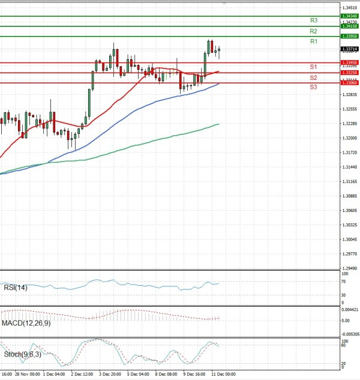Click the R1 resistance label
coord(314,41)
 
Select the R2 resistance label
coord(314,31)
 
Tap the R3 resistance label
coord(314,20)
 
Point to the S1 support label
coord(314,67)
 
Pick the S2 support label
coord(314,78)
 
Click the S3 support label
coord(314,88)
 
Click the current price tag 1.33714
coord(349,49)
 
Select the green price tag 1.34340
coord(349,16)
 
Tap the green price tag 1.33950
coord(349,37)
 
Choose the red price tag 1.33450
coord(349,62)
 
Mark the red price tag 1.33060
coord(349,83)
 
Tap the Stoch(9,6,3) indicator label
coord(23,354)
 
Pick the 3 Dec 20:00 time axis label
coord(111,373)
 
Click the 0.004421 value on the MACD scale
coord(349,310)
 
